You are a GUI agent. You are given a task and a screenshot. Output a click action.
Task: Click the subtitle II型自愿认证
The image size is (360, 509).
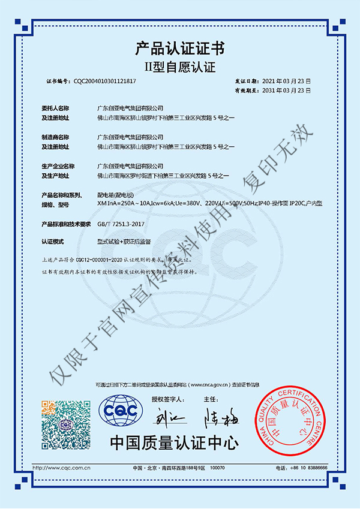(x=180, y=65)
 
